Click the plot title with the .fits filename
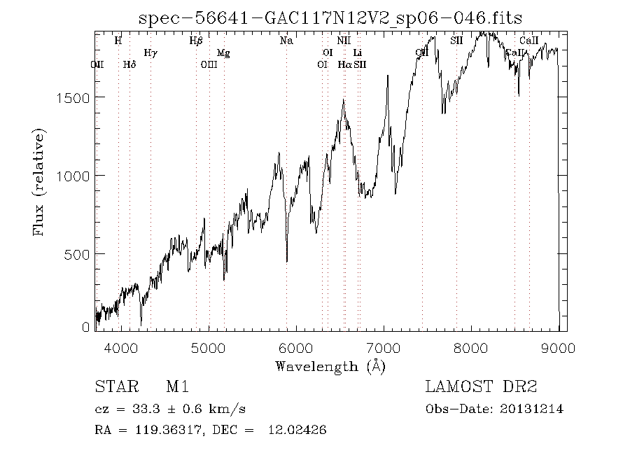pos(330,17)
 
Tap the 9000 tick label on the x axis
pos(559,348)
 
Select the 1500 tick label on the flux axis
pos(71,97)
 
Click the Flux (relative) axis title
pos(39,182)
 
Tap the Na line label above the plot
pos(286,41)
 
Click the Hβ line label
pos(196,41)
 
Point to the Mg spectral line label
pos(223,52)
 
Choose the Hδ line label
pos(129,64)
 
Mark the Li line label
pos(357,52)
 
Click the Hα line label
pos(344,64)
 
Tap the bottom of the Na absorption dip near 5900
pos(287,262)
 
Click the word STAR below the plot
pos(113,387)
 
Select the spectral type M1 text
pos(176,387)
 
